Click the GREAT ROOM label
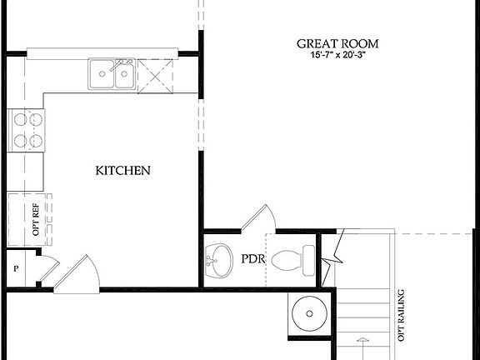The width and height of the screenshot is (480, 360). (x=337, y=43)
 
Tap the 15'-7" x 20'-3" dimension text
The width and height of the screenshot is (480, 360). (x=337, y=55)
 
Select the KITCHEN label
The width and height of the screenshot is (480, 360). (x=122, y=171)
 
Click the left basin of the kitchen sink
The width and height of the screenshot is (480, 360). (x=102, y=76)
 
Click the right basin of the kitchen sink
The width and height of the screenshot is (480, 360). (x=124, y=76)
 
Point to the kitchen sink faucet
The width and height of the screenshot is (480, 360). (x=122, y=62)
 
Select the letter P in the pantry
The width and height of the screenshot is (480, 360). (x=15, y=269)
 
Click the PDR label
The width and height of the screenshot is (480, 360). (x=253, y=259)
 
